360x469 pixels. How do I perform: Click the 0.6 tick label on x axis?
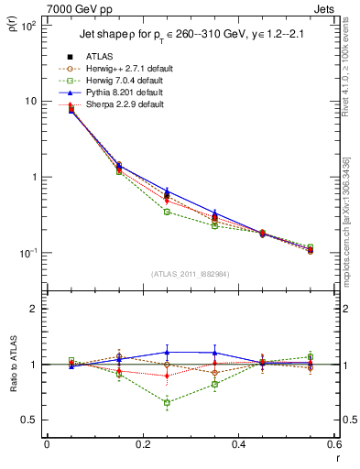point(332,445)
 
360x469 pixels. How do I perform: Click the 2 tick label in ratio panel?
point(35,309)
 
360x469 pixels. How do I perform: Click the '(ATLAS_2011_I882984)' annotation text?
point(190,274)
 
